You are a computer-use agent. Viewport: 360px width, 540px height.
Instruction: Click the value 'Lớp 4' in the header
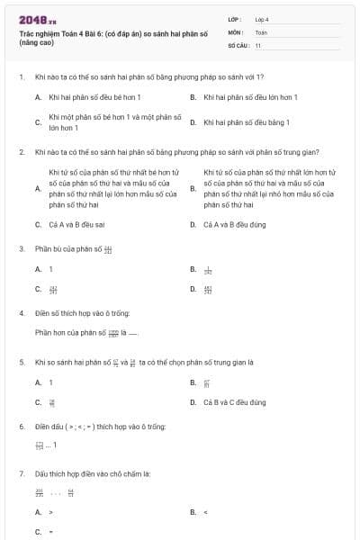(262, 19)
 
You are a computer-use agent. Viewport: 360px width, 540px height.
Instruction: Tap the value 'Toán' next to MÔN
(261, 31)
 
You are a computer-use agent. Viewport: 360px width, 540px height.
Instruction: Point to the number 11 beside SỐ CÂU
(258, 45)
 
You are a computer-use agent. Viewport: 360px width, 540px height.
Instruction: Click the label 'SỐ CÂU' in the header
(237, 45)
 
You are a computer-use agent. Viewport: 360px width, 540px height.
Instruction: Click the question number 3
(21, 247)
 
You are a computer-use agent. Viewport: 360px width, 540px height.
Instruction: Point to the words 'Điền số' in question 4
(45, 313)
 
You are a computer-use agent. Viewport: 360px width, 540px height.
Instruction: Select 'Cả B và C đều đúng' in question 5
(235, 402)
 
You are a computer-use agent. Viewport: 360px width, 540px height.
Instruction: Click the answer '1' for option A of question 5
(51, 382)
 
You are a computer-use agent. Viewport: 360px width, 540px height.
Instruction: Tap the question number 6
(21, 426)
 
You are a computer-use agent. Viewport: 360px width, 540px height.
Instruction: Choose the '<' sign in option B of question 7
(206, 512)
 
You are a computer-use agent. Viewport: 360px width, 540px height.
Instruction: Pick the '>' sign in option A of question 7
(51, 512)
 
